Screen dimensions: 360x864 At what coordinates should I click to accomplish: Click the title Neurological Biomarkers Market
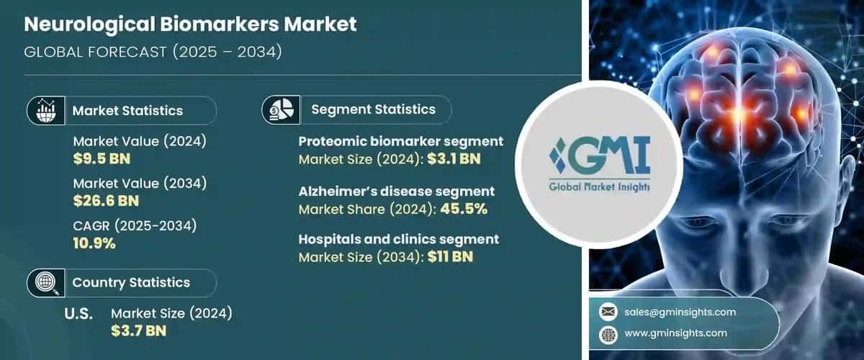[x=191, y=24]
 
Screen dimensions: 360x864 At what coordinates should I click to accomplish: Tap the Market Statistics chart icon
[x=42, y=111]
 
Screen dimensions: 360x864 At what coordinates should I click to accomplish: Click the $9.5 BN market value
[x=102, y=158]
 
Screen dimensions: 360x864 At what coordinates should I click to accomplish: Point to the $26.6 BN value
[x=105, y=201]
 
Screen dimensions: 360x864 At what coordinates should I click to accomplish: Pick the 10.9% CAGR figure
[x=94, y=243]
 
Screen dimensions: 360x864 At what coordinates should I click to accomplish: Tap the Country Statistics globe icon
[x=42, y=283]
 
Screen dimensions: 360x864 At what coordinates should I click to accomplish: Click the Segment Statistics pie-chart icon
[x=280, y=109]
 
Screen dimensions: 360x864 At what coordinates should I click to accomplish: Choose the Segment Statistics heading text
[x=373, y=109]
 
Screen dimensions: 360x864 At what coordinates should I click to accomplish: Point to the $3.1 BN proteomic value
[x=454, y=158]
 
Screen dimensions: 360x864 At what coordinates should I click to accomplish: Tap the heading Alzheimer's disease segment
[x=397, y=192]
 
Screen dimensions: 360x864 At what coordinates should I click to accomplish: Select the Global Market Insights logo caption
[x=599, y=187]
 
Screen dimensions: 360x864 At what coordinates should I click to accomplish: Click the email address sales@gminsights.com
[x=680, y=312]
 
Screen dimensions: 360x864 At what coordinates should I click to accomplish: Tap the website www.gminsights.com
[x=676, y=333]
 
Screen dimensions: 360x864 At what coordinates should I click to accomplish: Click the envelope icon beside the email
[x=608, y=312]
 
